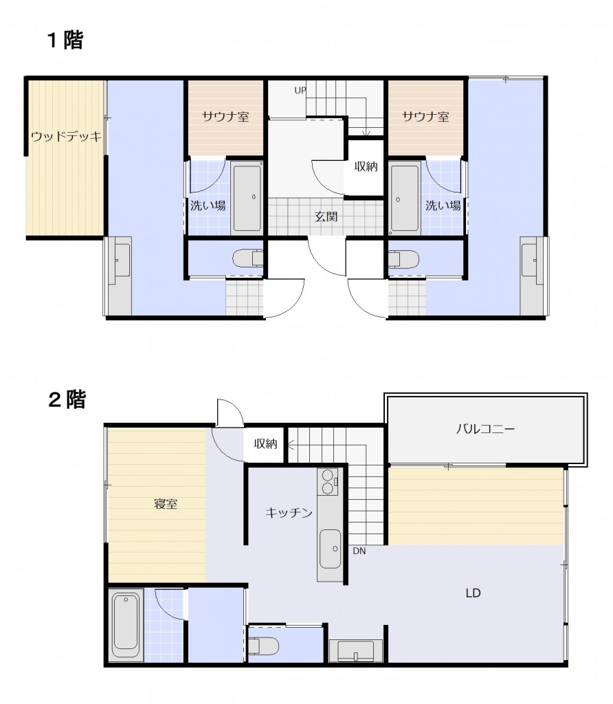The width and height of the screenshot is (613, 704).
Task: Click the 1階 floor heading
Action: click(65, 40)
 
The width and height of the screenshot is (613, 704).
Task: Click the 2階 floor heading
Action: click(67, 399)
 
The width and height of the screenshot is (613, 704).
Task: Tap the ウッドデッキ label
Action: click(67, 136)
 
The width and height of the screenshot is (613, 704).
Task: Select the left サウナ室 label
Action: click(225, 117)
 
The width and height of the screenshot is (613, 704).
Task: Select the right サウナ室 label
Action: click(425, 117)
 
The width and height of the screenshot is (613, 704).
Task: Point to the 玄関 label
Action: click(326, 217)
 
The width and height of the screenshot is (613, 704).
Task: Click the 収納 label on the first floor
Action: click(366, 166)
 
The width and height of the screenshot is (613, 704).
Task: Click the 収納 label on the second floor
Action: click(265, 443)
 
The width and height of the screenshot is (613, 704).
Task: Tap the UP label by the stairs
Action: click(300, 90)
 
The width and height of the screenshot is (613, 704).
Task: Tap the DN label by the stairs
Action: click(359, 551)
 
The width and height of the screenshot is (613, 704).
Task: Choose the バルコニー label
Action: click(486, 429)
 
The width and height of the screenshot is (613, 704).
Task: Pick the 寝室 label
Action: click(166, 504)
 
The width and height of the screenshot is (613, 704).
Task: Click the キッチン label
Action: click(289, 512)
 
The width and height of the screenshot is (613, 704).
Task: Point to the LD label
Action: click(473, 593)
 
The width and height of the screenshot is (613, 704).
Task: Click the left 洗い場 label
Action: click(208, 206)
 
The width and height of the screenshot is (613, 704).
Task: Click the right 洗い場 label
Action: click(443, 206)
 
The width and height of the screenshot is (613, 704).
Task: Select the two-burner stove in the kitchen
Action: click(328, 482)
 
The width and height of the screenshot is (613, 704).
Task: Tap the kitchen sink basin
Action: click(331, 549)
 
